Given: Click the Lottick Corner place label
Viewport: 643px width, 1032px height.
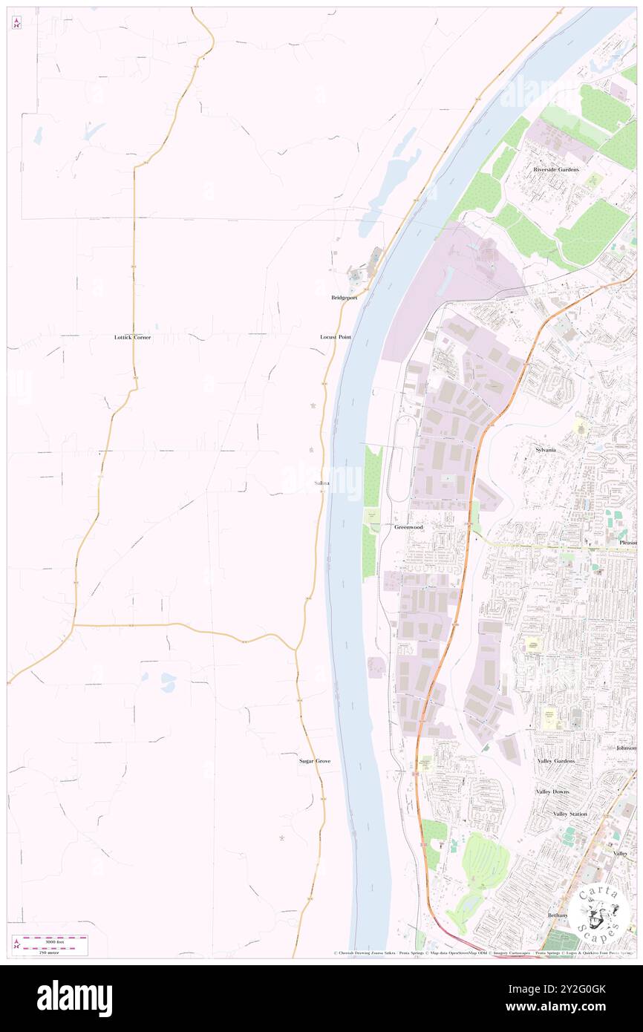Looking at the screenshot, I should click(132, 337).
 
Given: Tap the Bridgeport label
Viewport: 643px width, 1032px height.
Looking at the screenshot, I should click(344, 297).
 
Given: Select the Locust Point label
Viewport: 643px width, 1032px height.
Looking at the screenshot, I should click(335, 337).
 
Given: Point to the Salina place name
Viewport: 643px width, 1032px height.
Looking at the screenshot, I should click(321, 483).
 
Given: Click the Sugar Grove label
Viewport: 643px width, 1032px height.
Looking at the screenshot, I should click(315, 761).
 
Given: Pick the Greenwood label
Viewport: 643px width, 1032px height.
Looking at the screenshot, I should click(408, 527).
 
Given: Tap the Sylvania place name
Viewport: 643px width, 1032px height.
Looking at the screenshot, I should click(545, 450).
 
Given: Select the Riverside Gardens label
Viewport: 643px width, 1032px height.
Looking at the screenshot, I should click(555, 169).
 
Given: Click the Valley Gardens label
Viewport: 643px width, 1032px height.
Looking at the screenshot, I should click(556, 761).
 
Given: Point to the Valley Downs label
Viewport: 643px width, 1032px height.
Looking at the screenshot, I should click(552, 791).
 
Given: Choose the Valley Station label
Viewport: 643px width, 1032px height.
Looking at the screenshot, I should click(569, 814).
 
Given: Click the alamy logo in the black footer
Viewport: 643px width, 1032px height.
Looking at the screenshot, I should click(74, 999).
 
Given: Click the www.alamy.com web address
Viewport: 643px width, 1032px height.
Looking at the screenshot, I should click(568, 1007).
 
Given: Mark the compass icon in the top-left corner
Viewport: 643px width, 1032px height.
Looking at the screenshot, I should click(16, 22).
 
